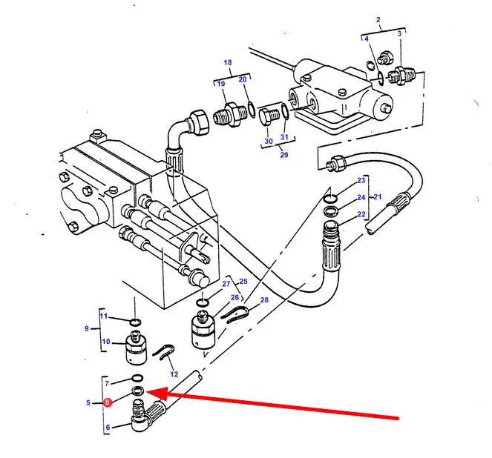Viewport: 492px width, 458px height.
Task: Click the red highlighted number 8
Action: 108,402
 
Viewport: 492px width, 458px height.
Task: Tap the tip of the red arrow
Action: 146,391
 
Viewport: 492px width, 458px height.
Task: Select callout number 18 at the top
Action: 228,63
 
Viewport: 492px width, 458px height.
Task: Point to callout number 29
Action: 284,155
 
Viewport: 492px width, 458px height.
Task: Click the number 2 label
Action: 378,20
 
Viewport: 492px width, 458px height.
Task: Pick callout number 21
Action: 378,196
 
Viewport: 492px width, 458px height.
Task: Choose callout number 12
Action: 174,374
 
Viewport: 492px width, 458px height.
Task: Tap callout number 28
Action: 264,300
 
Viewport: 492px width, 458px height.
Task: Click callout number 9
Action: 87,328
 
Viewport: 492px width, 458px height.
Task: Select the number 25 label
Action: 243,282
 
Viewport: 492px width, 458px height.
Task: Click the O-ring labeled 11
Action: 136,322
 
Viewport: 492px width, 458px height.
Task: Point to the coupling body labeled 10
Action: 136,348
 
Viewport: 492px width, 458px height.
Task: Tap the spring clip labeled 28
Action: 234,314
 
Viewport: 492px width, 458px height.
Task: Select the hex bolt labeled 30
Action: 269,116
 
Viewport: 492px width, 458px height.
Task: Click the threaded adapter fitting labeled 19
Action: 231,114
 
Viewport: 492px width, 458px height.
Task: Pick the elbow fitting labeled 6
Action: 139,415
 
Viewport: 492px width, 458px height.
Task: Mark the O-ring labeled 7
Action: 137,378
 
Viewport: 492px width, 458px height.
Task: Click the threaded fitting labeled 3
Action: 402,75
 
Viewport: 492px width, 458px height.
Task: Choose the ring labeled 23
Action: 331,199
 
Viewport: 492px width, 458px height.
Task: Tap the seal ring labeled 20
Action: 252,110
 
